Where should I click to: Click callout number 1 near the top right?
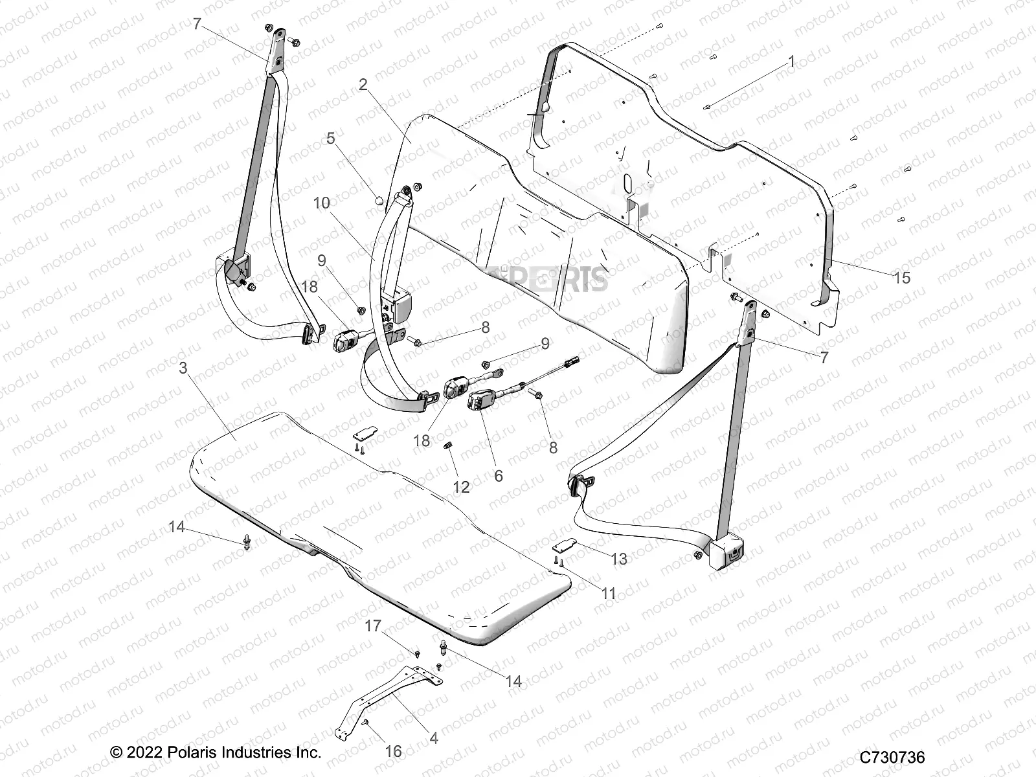(791, 62)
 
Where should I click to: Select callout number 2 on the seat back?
(363, 84)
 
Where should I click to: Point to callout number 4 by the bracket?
(433, 738)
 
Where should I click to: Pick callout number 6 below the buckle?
(498, 475)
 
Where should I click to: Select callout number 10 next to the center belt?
(321, 203)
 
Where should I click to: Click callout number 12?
(460, 486)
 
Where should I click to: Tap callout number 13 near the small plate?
(619, 558)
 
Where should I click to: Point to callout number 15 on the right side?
(901, 278)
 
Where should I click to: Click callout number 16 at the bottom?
(393, 751)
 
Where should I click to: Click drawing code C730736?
(892, 757)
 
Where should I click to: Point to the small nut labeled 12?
(447, 445)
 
